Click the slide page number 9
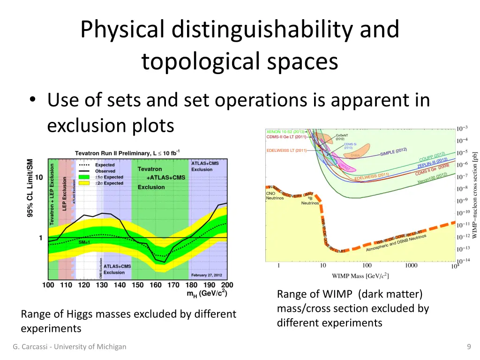coord(469,347)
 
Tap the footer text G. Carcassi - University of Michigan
coord(69,347)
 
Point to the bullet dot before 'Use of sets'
coord(32,100)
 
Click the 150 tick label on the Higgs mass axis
coord(137,285)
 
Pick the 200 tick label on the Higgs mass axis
coord(227,285)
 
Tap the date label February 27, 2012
coord(206,275)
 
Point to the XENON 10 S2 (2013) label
coord(286,132)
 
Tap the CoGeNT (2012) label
coord(342,136)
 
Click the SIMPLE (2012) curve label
coord(393,152)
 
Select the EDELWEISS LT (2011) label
coord(286,150)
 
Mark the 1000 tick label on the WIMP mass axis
coord(411,266)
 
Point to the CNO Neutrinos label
coord(274,195)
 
